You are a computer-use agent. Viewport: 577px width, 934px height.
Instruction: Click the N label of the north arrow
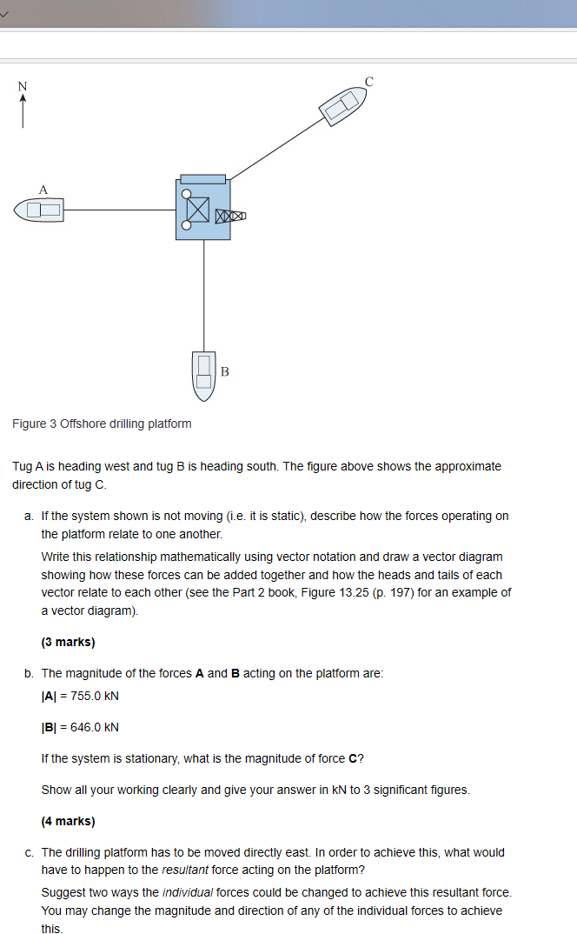pos(23,85)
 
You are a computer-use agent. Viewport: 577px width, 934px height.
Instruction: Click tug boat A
pos(38,210)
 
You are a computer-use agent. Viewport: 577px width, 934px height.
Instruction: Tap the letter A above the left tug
pos(43,189)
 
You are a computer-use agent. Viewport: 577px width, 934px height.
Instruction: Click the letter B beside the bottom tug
pos(225,372)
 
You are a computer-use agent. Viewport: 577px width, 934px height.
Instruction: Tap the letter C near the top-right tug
pos(369,81)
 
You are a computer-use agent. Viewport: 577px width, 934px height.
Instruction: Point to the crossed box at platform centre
pos(198,210)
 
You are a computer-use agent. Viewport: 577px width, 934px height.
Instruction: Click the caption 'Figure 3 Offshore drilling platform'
pos(102,424)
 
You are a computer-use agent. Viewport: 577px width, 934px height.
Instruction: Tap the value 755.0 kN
pos(80,696)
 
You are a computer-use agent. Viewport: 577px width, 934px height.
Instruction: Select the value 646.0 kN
pos(80,727)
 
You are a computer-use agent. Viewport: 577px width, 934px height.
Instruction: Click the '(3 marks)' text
pos(68,642)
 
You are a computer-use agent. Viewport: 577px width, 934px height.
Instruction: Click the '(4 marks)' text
pos(68,821)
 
